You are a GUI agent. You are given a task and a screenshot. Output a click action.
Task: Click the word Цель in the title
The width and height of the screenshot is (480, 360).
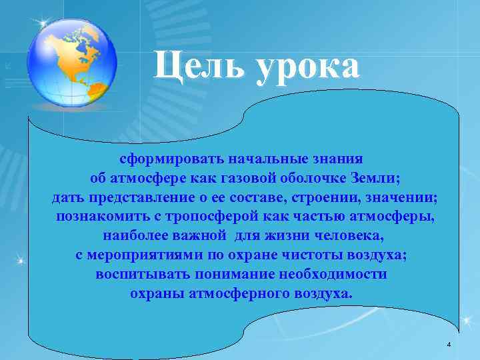point(197,67)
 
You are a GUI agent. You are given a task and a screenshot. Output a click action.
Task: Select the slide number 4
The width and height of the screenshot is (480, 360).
point(449,344)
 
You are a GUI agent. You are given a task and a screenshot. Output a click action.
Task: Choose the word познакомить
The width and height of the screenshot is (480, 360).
point(99,217)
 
